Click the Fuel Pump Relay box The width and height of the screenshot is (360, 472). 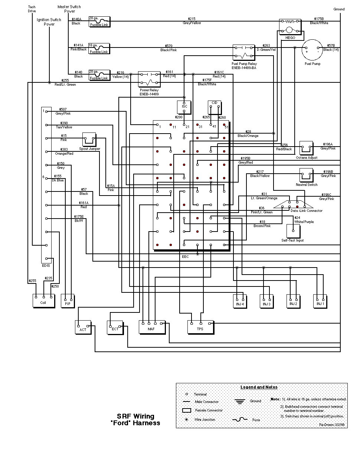click(x=244, y=52)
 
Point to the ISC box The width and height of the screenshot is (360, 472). click(x=184, y=106)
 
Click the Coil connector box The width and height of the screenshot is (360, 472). click(x=43, y=301)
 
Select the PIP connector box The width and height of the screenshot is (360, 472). click(x=68, y=301)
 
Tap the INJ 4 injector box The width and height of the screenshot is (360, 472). click(x=240, y=300)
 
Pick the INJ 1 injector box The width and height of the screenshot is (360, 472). click(x=320, y=300)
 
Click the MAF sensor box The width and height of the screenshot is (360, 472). click(x=152, y=327)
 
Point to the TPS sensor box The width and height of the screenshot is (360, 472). click(x=200, y=327)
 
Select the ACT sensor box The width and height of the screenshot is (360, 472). click(x=83, y=327)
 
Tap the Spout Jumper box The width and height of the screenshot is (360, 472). click(x=89, y=140)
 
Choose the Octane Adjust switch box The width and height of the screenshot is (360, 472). click(x=307, y=148)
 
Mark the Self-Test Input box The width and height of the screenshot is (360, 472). click(x=293, y=231)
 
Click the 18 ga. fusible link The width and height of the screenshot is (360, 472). click(x=99, y=48)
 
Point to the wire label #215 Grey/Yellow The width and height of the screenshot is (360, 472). click(x=192, y=21)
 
